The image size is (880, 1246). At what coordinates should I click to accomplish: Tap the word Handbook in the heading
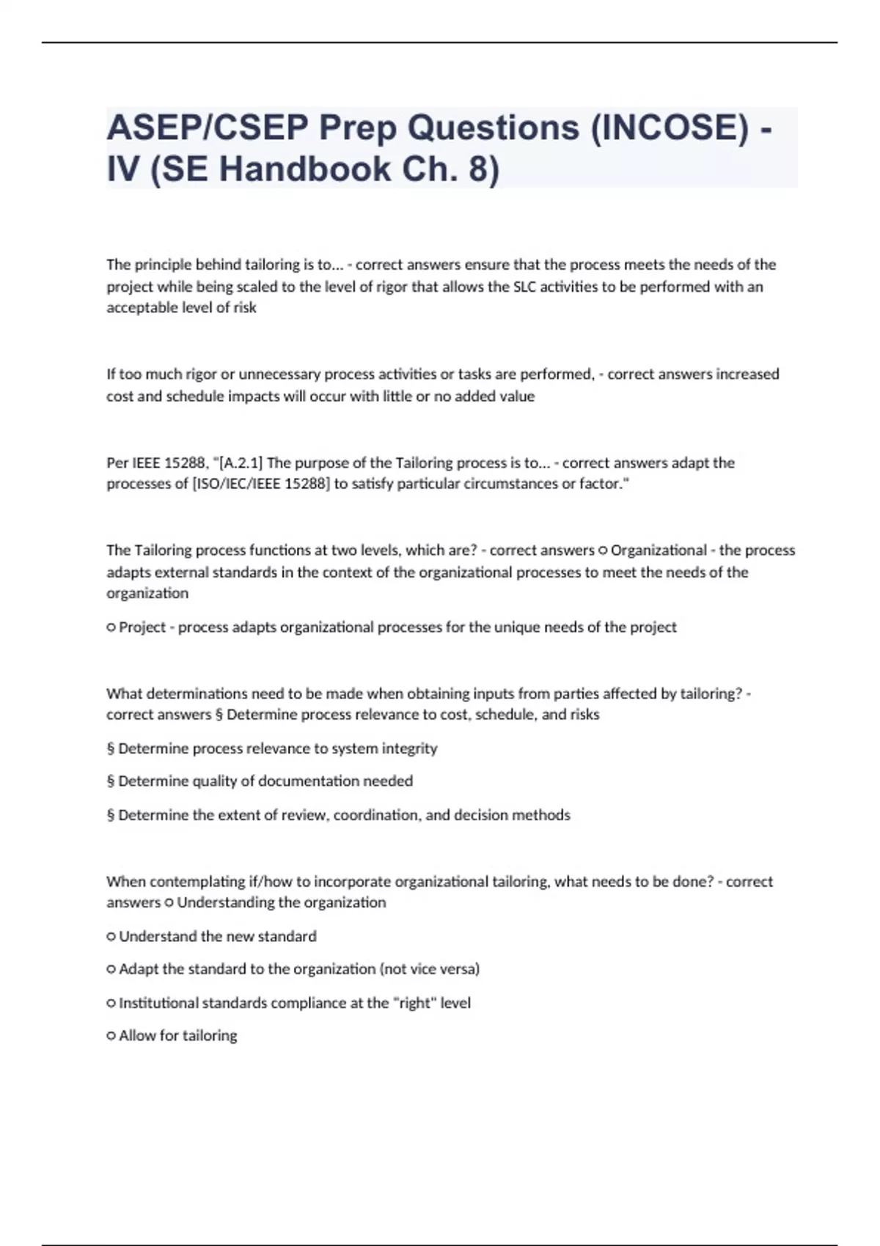pos(304,169)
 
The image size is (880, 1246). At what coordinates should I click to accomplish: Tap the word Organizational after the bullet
pos(659,550)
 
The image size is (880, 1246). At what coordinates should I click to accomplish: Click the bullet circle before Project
pos(111,627)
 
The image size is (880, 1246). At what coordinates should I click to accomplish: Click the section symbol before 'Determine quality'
pos(111,781)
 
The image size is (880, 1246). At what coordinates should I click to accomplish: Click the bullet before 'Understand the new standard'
pos(111,937)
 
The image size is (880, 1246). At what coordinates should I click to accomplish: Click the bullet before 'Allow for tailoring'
pos(111,1036)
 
